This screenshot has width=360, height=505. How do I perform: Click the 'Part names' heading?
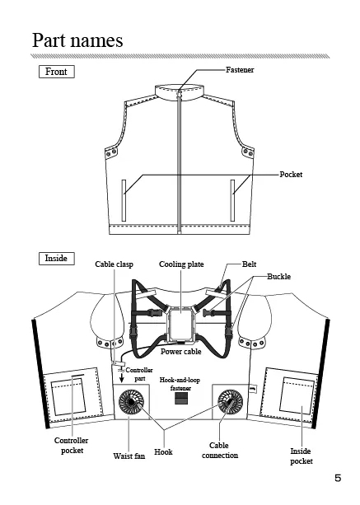pos(77,40)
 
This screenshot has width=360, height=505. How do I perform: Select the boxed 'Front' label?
pos(56,72)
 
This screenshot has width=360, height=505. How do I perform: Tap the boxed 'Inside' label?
pos(56,259)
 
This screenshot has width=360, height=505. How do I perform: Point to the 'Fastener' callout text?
pos(240,69)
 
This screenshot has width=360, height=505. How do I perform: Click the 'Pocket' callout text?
pos(291,175)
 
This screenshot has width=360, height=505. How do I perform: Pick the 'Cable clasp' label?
pos(114,264)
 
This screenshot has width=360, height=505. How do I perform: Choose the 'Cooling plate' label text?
pos(181,264)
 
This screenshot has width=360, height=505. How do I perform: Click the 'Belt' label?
pos(250,264)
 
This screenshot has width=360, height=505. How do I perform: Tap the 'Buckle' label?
pos(278,276)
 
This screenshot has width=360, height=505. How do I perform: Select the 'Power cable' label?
pos(181,352)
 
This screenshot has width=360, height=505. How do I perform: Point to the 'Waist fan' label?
pos(129,456)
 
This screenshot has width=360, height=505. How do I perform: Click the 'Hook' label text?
pos(163,451)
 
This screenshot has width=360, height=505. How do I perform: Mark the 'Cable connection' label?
pos(220,451)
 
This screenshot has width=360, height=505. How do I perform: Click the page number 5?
pos(338,478)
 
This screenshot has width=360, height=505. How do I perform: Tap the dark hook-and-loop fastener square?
pos(181,398)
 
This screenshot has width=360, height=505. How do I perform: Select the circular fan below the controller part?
pos(132,402)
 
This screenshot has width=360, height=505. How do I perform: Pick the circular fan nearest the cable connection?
pos(230,402)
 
